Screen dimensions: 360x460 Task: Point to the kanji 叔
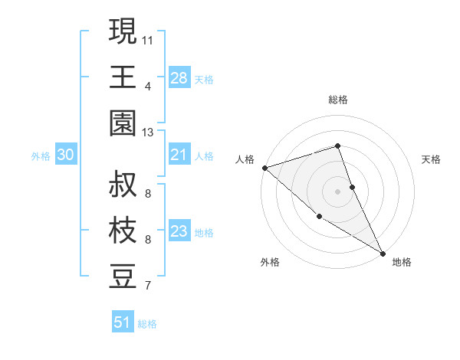pos(123,185)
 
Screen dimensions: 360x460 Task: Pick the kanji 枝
pos(123,231)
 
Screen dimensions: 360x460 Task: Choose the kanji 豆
pos(123,277)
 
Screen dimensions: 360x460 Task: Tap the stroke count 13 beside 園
pos(148,133)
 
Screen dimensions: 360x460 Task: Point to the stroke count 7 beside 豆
pos(147,286)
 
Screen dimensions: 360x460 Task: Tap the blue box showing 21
pos(179,155)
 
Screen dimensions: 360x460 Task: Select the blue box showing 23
pos(179,231)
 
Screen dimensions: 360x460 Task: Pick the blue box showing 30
pos(66,155)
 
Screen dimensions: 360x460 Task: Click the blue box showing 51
pos(123,322)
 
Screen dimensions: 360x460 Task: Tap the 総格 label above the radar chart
pos(338,100)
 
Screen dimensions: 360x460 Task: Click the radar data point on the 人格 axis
pos(264,168)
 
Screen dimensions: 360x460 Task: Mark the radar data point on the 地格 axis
pos(382,252)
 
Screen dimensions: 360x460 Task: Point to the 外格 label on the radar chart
pos(270,262)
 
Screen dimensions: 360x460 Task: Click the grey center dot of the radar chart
pos(338,191)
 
